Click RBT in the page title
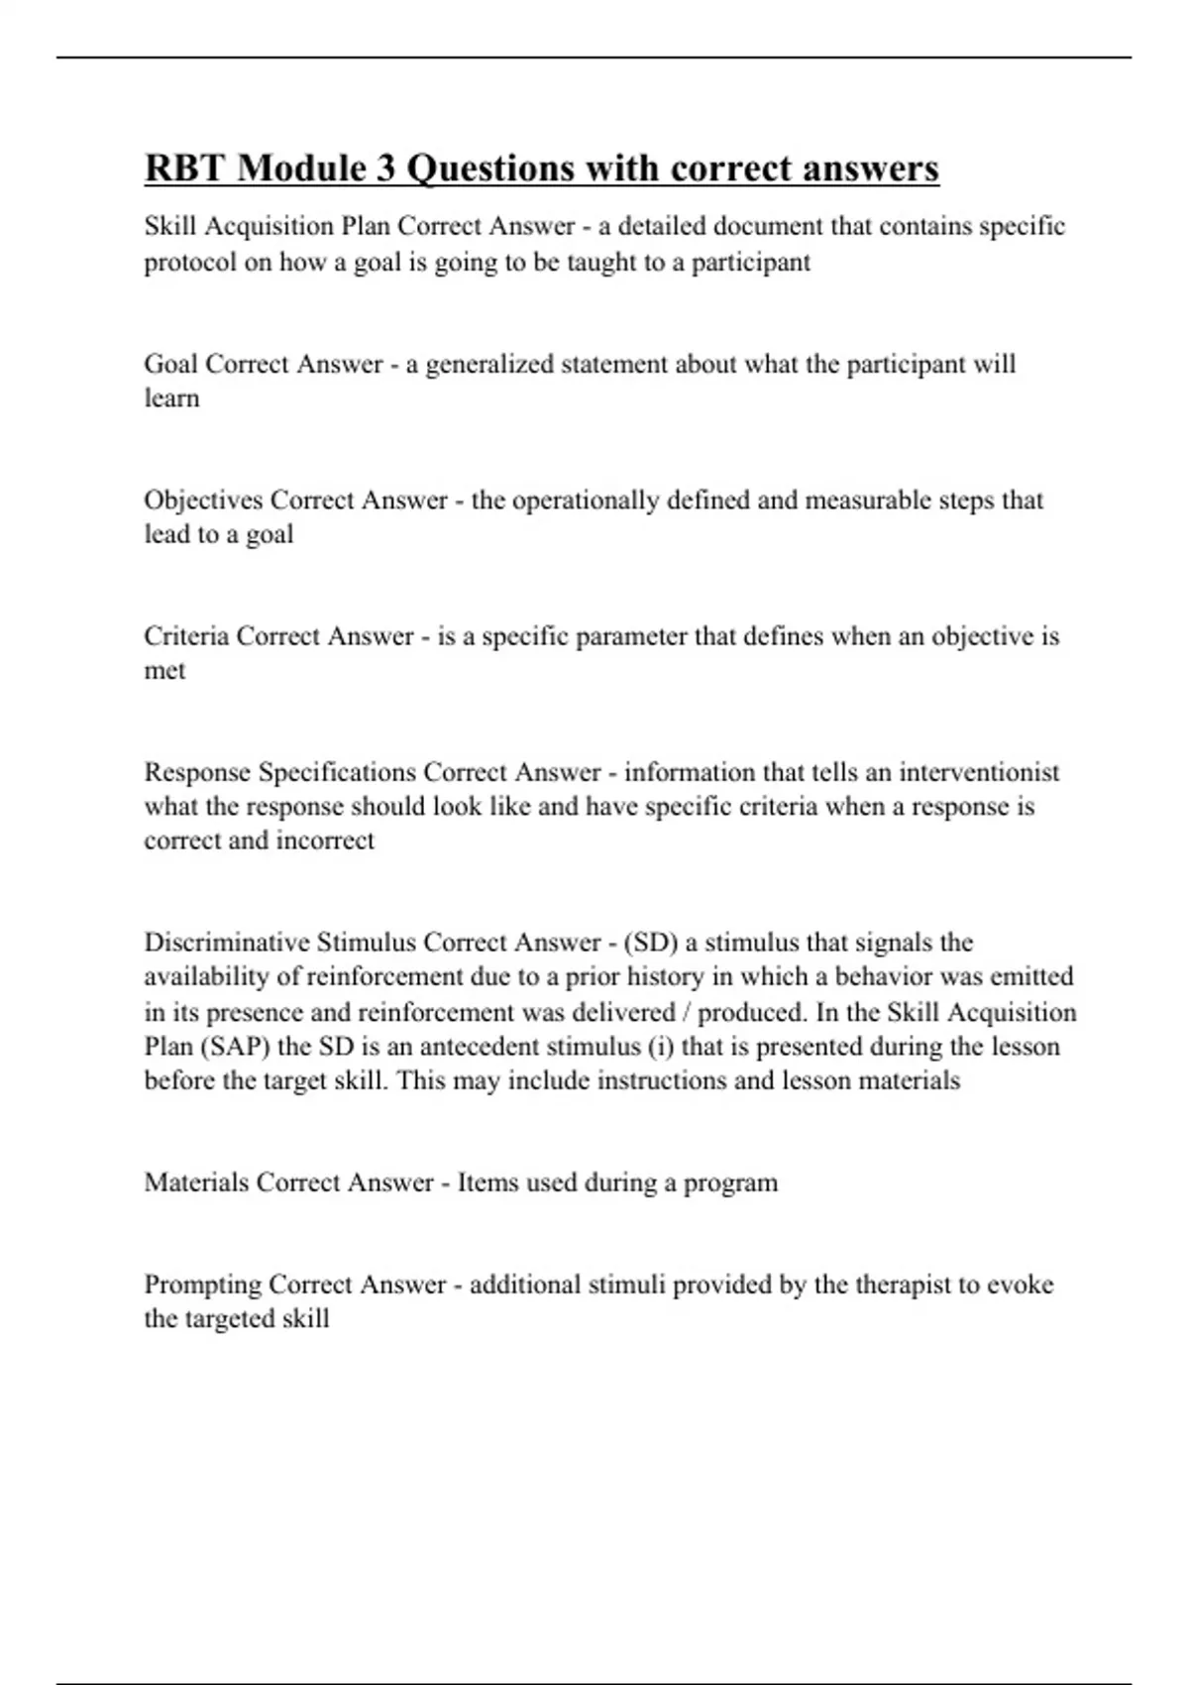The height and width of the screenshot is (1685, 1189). (184, 168)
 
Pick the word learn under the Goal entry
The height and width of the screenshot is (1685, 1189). (171, 398)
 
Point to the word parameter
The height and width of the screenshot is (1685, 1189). (630, 636)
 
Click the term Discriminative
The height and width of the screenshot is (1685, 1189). (227, 942)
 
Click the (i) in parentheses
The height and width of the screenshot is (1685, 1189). (658, 1047)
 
